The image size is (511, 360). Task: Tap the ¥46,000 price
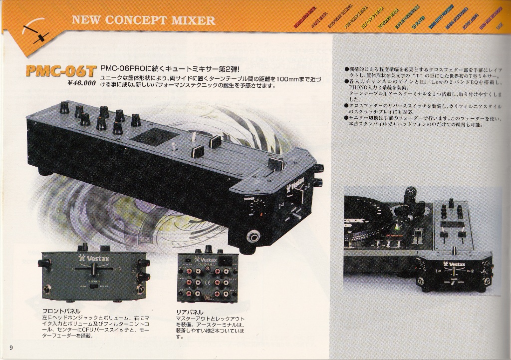(x=82, y=83)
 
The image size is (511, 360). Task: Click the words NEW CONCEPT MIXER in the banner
(x=144, y=20)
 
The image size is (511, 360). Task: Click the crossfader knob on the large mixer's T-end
(x=276, y=163)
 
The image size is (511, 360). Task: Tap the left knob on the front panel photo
(x=45, y=262)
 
